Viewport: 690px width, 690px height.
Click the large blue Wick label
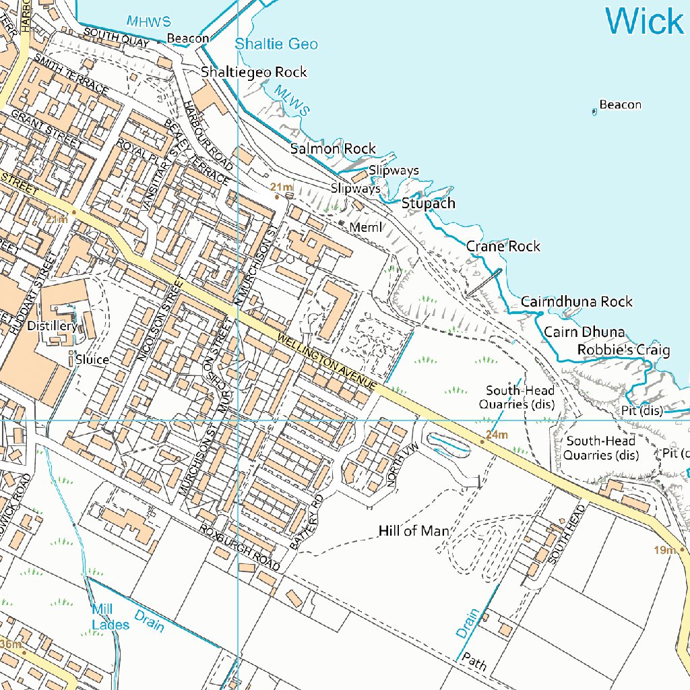645,22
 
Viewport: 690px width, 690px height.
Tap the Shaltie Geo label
276,44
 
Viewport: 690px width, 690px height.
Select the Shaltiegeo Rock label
253,72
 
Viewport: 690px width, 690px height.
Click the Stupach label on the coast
429,203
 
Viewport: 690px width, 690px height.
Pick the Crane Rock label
503,247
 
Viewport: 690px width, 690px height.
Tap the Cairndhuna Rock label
577,302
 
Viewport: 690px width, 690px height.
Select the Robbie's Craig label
623,350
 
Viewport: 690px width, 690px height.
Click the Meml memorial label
366,228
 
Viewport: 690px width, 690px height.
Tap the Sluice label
92,360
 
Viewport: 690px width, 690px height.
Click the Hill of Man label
414,531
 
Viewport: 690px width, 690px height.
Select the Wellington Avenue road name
325,363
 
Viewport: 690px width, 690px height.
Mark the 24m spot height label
497,435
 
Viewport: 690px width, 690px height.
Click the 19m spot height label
664,551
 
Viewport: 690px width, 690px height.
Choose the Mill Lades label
110,617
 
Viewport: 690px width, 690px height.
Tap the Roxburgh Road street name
239,548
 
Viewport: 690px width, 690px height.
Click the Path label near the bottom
474,664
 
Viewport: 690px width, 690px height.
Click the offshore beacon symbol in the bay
594,112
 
